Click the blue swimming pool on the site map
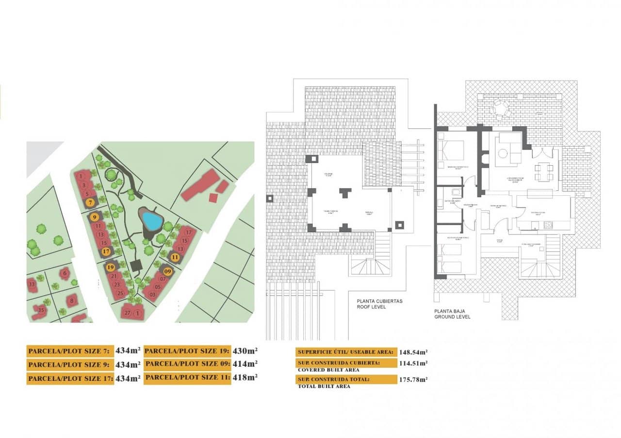[x=152, y=221]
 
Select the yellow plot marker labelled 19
[x=111, y=267]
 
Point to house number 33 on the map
[x=32, y=283]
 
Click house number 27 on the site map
[x=127, y=313]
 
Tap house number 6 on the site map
[x=65, y=273]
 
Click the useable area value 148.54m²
[x=413, y=352]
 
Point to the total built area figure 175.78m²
[x=413, y=379]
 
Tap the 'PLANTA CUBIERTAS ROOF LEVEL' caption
[x=379, y=304]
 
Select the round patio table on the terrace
[x=499, y=108]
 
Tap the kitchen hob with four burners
[x=549, y=225]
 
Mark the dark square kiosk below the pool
[x=136, y=265]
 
